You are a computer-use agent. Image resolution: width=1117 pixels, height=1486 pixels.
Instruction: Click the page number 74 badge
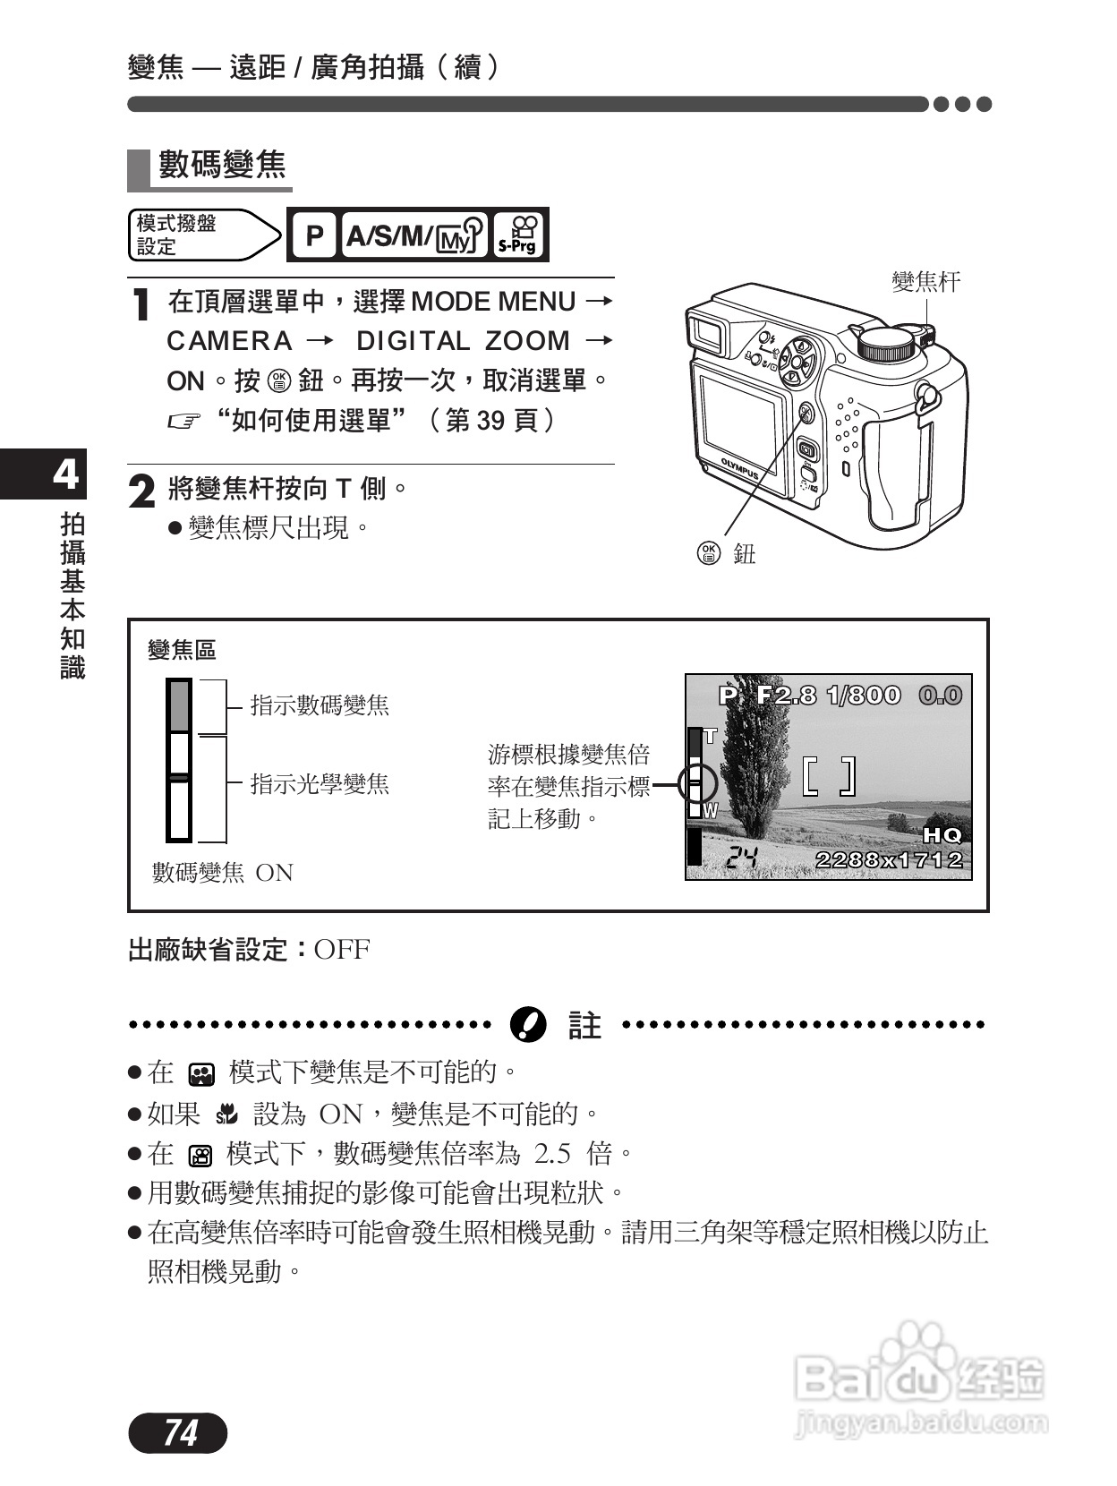pyautogui.click(x=178, y=1433)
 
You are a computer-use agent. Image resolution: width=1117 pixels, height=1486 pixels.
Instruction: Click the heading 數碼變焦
pyautogui.click(x=222, y=165)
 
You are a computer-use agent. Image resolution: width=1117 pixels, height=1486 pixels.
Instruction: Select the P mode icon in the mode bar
pyautogui.click(x=313, y=235)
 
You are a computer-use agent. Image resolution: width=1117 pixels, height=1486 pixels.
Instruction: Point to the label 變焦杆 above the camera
pyautogui.click(x=925, y=282)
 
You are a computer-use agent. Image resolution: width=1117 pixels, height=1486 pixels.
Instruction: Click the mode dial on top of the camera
pyautogui.click(x=888, y=344)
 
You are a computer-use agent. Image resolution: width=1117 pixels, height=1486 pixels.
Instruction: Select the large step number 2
pyautogui.click(x=142, y=491)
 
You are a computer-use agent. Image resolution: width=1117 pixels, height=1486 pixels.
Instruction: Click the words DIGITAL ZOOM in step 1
pyautogui.click(x=463, y=341)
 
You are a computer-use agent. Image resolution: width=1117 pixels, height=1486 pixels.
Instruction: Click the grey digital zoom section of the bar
pyautogui.click(x=179, y=705)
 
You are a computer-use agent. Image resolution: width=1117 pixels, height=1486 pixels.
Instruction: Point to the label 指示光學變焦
pyautogui.click(x=320, y=784)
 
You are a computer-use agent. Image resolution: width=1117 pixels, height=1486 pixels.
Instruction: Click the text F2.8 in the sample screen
pyautogui.click(x=786, y=696)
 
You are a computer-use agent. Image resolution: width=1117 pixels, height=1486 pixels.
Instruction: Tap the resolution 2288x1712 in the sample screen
pyautogui.click(x=889, y=859)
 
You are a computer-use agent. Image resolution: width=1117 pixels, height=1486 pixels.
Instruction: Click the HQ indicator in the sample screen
pyautogui.click(x=942, y=835)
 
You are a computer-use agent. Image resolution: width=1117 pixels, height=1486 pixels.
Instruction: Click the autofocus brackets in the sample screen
pyautogui.click(x=829, y=776)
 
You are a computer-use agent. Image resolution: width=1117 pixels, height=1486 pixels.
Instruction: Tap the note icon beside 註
pyautogui.click(x=527, y=1024)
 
